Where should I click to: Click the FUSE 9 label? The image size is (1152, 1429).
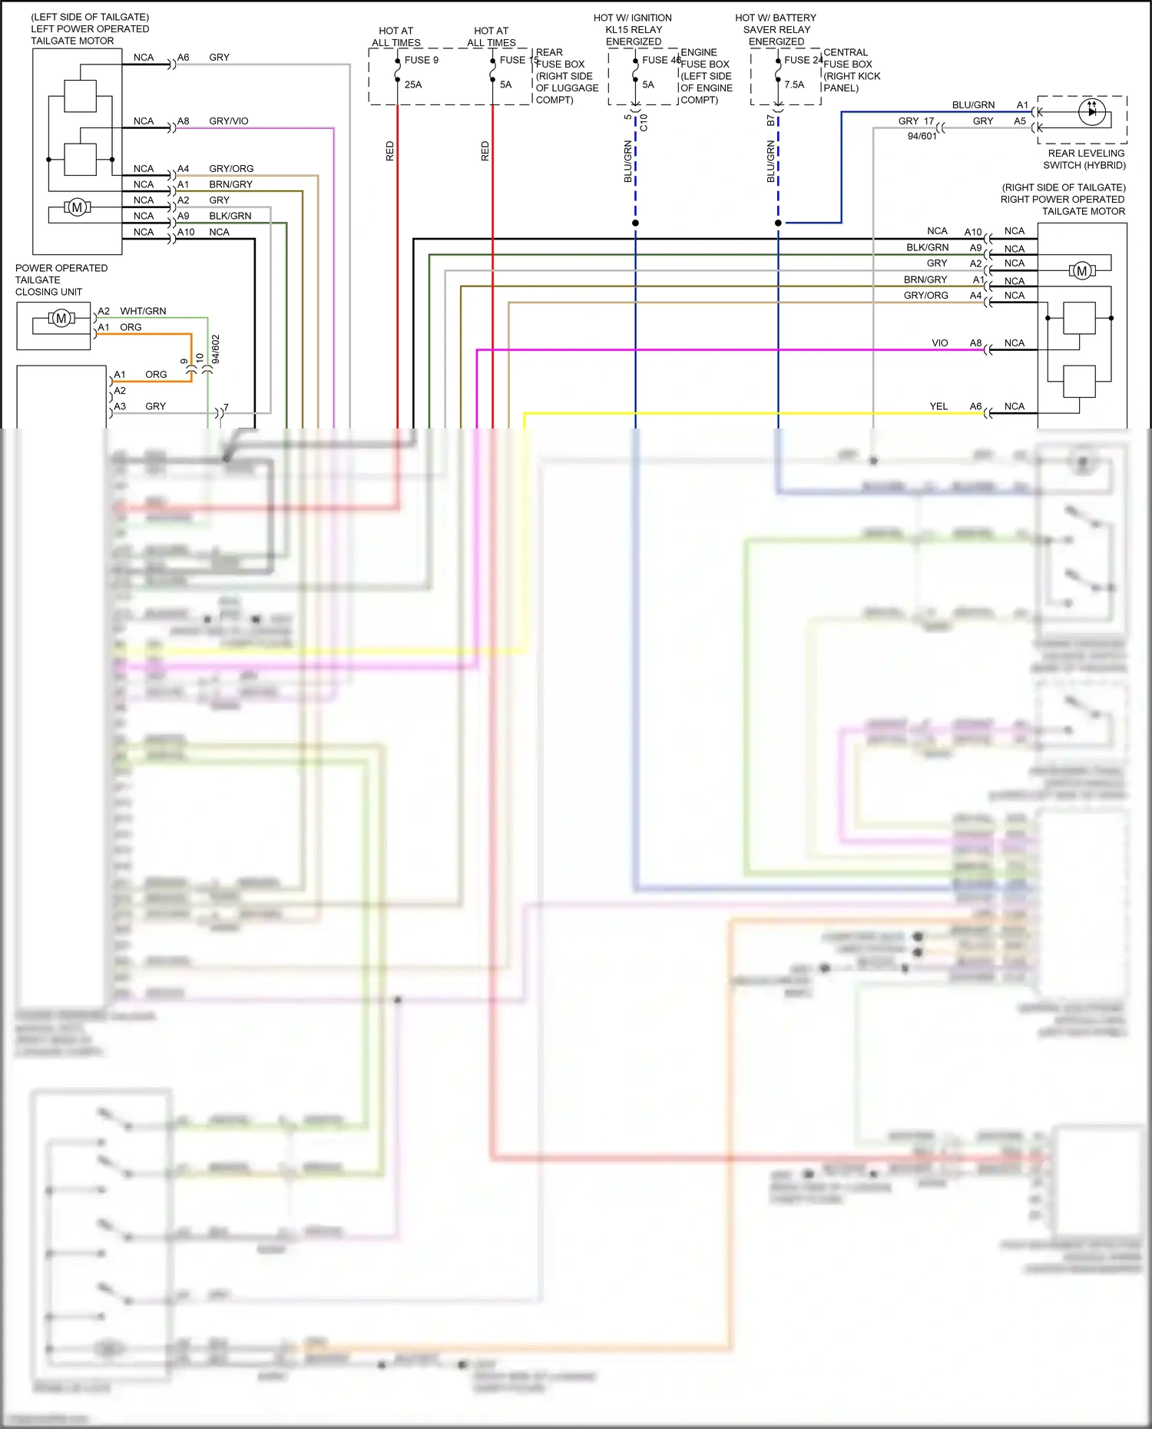pyautogui.click(x=421, y=60)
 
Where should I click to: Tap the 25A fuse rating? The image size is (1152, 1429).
pyautogui.click(x=413, y=84)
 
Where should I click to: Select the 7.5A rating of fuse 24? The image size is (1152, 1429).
pyautogui.click(x=794, y=84)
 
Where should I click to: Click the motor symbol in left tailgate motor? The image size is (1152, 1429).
pyautogui.click(x=77, y=207)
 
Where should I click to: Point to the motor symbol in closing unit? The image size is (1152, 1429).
pyautogui.click(x=61, y=318)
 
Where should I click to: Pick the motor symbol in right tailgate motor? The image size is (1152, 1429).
pyautogui.click(x=1082, y=270)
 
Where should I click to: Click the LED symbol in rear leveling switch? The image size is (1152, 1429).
pyautogui.click(x=1091, y=112)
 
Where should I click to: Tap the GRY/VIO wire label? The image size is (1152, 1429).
pyautogui.click(x=229, y=121)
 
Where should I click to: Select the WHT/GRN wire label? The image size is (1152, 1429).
pyautogui.click(x=143, y=311)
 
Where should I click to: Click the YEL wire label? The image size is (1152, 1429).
pyautogui.click(x=938, y=406)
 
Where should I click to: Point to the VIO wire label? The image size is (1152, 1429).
pyautogui.click(x=940, y=343)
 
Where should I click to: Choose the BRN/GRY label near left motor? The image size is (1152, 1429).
pyautogui.click(x=230, y=184)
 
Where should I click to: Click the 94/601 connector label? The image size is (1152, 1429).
pyautogui.click(x=922, y=136)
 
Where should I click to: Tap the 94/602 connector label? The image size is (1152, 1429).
pyautogui.click(x=216, y=349)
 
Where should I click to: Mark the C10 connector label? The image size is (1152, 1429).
pyautogui.click(x=644, y=122)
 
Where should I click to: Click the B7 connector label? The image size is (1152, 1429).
pyautogui.click(x=770, y=121)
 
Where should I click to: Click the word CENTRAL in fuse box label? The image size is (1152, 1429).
pyautogui.click(x=846, y=52)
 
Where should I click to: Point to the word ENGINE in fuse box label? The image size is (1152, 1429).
pyautogui.click(x=699, y=52)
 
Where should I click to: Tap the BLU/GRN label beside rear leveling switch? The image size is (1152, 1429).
pyautogui.click(x=973, y=105)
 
